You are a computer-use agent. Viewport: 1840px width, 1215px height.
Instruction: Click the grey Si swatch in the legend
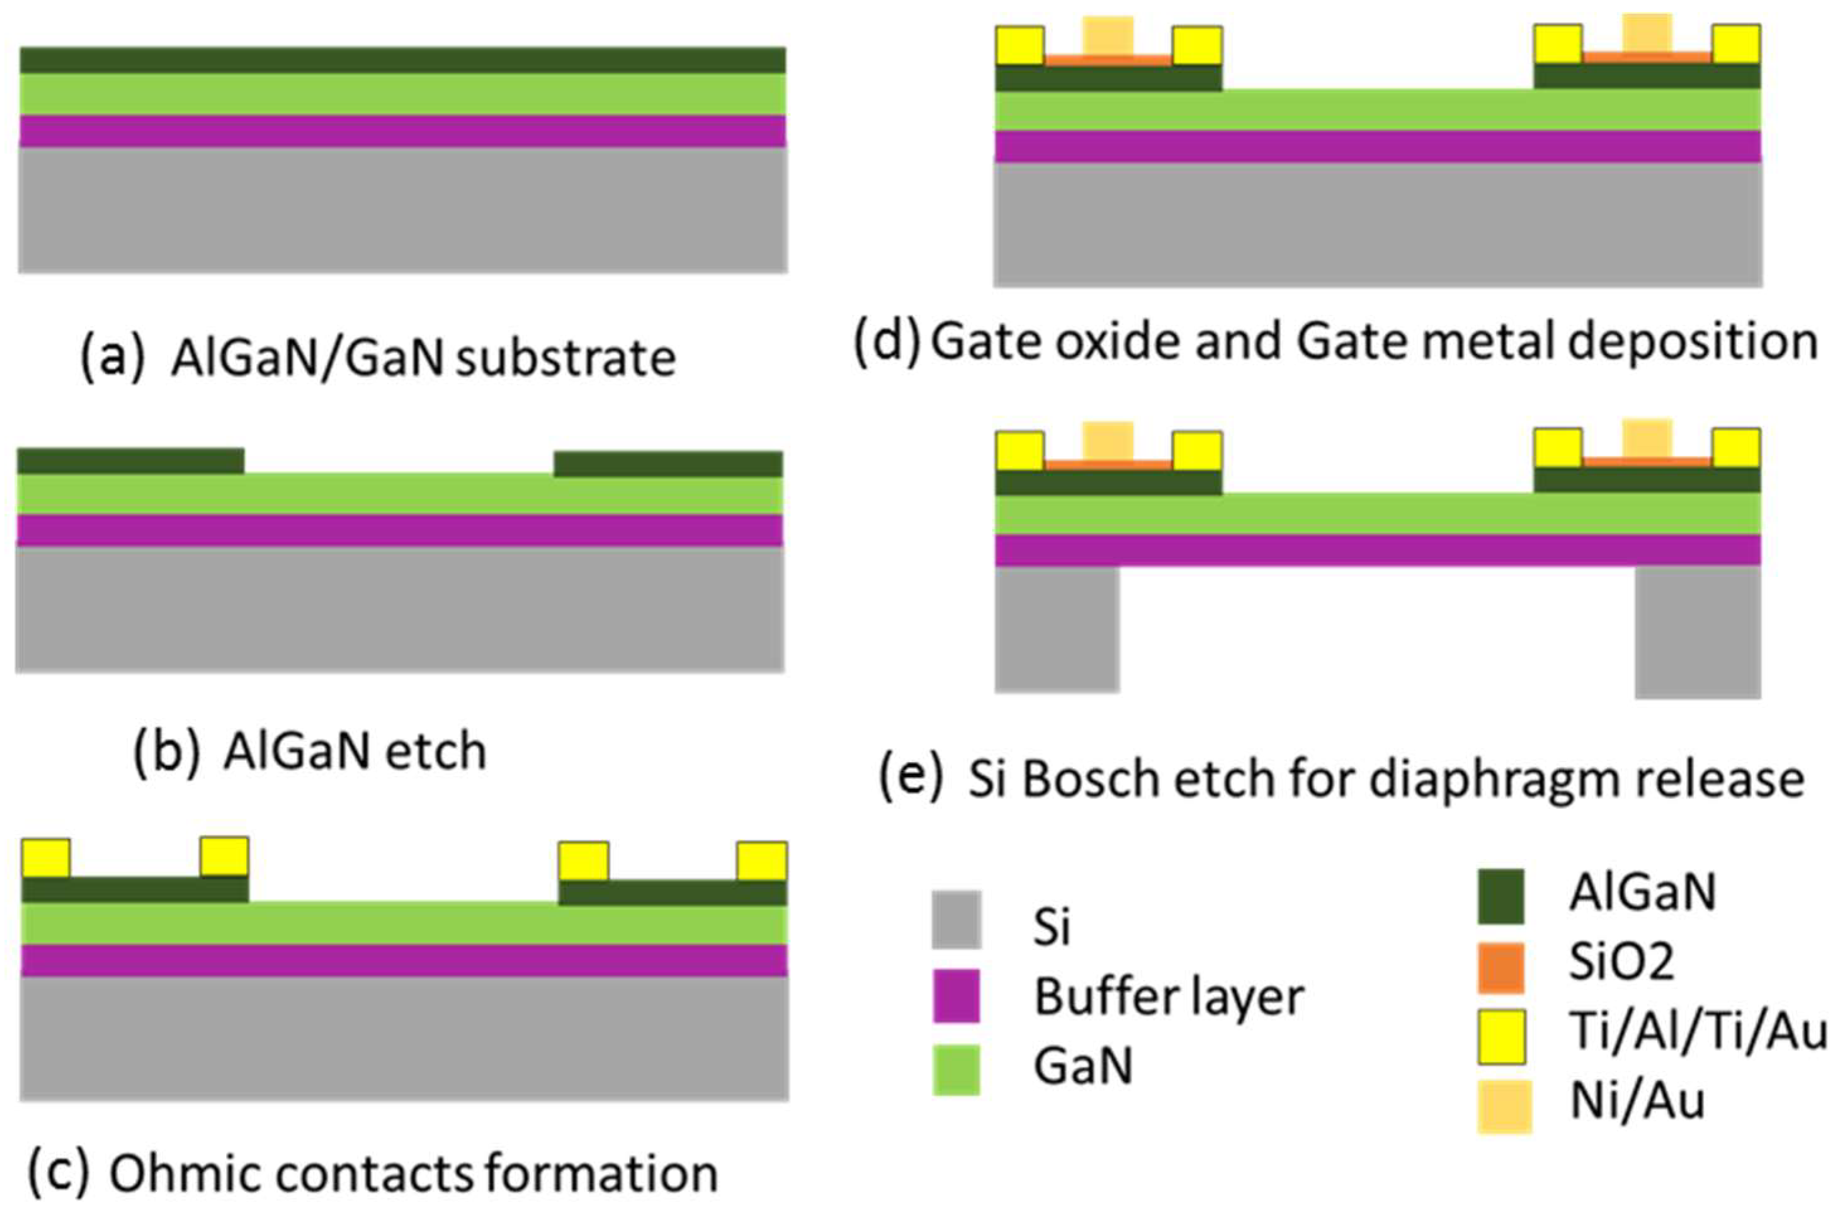coord(956,920)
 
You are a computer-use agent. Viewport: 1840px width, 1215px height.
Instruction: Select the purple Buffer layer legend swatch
coord(956,996)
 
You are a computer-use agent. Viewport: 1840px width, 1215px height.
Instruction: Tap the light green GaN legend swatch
coord(956,1070)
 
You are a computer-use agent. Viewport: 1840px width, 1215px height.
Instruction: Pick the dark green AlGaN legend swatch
coord(1501,896)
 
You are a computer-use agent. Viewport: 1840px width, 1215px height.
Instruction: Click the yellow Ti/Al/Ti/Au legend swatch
coord(1501,1037)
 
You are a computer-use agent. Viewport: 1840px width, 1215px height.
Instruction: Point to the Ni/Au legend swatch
coord(1504,1107)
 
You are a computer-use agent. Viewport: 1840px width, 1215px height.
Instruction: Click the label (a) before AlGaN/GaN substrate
coord(112,357)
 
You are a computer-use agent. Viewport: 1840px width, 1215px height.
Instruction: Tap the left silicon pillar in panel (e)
coord(1057,629)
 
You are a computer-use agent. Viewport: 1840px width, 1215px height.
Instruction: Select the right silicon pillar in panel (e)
coord(1698,632)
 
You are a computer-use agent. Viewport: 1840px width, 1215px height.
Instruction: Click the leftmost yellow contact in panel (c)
coord(46,858)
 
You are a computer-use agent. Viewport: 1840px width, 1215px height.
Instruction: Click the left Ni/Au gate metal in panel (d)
coord(1109,37)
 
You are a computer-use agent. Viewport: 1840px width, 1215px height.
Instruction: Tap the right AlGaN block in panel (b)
coord(668,464)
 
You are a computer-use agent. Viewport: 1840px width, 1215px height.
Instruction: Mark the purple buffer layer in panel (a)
coord(403,131)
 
